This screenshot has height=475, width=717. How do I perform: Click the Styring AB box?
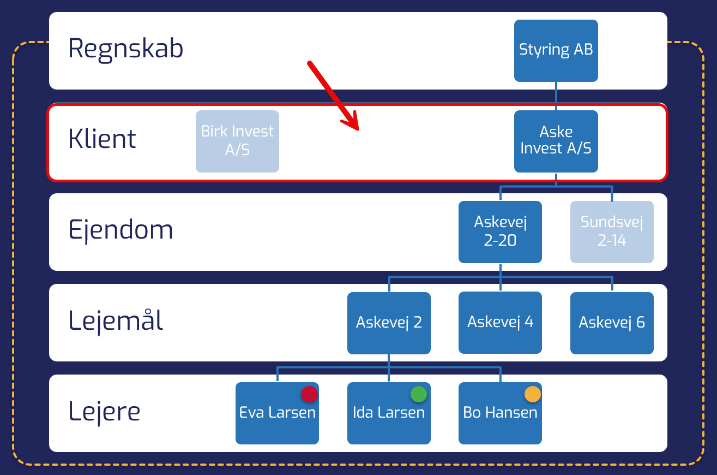coord(556,50)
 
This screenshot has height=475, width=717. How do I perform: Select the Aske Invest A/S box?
coord(556,141)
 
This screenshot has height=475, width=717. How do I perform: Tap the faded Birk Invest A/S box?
coord(237,141)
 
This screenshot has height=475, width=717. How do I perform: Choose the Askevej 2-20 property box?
coord(500,231)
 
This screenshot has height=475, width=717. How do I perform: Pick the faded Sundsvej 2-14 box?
coord(612,231)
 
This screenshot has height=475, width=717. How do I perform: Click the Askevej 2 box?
coord(389,323)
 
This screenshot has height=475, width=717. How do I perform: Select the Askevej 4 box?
coord(500,322)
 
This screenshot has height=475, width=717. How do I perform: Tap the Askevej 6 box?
coord(612,323)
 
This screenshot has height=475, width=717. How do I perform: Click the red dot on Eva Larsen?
coord(309,394)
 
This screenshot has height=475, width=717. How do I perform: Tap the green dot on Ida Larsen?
coord(419,394)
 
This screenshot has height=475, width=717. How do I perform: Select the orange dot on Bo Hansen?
coord(533,394)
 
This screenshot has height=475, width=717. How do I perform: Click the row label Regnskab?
coord(125,49)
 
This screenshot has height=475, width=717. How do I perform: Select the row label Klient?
coord(102,139)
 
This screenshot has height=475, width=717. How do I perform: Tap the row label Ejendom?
coord(120,230)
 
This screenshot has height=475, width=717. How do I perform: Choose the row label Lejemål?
coord(116,320)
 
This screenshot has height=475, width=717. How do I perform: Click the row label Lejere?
coord(104,411)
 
